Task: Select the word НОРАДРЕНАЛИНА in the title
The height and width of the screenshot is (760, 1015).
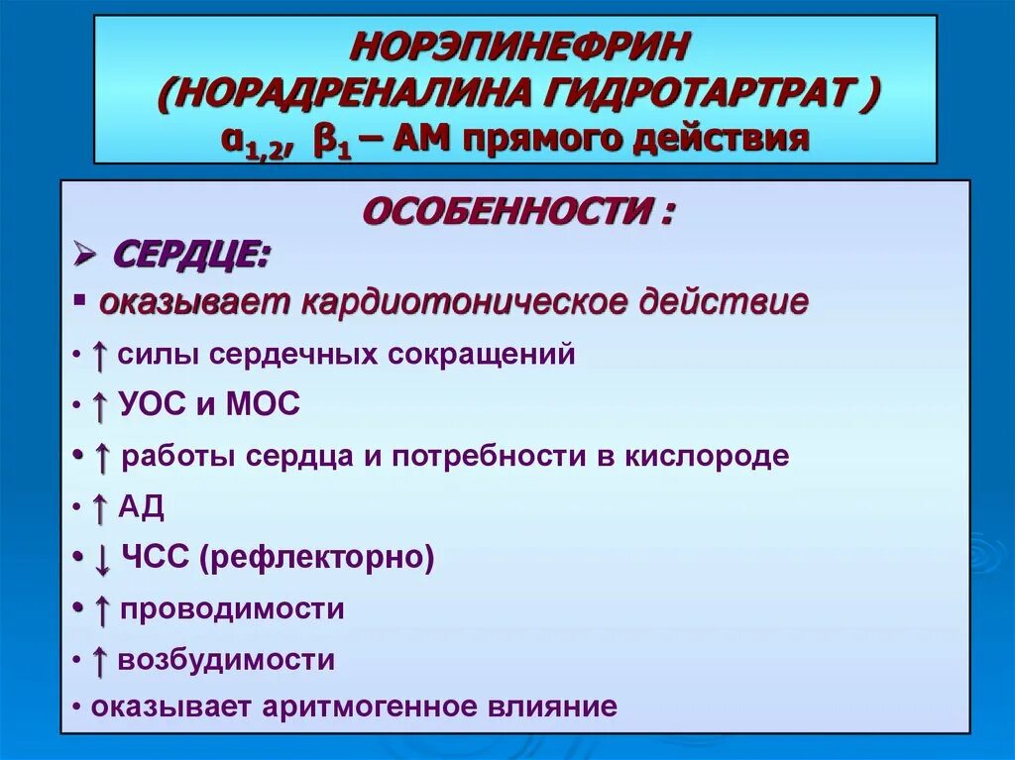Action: [x=353, y=95]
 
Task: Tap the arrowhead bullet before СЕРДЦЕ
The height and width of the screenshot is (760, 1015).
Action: [x=85, y=256]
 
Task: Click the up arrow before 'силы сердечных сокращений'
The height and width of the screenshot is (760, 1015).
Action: [x=99, y=355]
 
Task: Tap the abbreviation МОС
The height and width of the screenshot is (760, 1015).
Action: [x=262, y=404]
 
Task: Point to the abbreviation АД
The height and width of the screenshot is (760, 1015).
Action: [x=141, y=507]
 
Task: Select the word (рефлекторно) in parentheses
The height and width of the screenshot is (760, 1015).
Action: [x=316, y=558]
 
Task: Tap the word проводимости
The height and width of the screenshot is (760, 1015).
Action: [x=232, y=609]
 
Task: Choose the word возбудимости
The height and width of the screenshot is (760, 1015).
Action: [x=226, y=661]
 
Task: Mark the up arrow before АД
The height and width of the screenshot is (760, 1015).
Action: [x=99, y=507]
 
